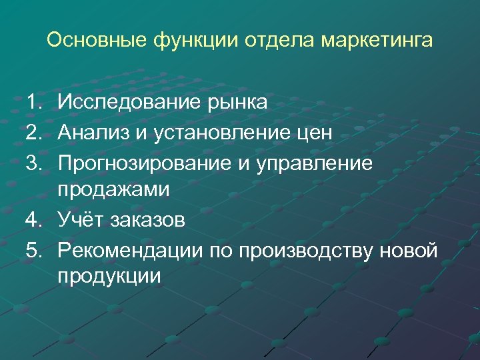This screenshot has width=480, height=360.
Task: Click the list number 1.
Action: point(33,102)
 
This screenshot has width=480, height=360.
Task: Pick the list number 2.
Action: point(33,132)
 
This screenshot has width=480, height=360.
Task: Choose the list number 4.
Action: point(33,219)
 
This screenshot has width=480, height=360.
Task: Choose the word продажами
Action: point(113,190)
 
